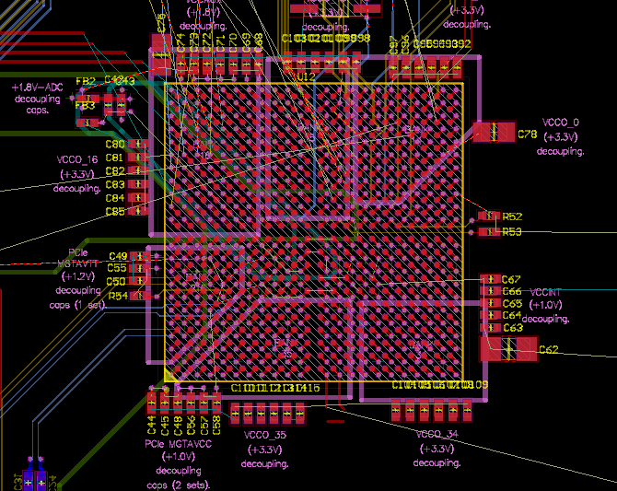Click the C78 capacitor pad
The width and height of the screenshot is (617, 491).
click(495, 132)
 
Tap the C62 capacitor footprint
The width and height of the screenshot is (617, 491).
click(507, 349)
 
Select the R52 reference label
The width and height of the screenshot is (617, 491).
click(512, 216)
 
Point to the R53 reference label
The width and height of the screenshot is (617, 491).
click(512, 231)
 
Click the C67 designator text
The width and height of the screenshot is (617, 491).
click(512, 279)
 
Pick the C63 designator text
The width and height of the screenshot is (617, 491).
click(512, 327)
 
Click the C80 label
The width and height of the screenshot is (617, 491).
click(114, 145)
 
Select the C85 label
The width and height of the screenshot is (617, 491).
click(114, 211)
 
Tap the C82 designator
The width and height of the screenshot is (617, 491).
click(114, 171)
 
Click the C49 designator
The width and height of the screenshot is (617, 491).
click(118, 256)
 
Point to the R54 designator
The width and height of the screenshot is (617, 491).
click(118, 296)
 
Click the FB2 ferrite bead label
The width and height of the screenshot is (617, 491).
click(85, 81)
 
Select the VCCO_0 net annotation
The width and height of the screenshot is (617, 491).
click(561, 122)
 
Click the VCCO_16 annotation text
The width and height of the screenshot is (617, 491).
click(77, 159)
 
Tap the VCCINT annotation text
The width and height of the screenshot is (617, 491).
click(545, 292)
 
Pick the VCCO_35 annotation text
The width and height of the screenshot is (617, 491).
click(265, 435)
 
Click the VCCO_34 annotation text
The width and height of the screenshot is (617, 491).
click(437, 434)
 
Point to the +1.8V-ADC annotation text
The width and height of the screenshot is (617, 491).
click(36, 87)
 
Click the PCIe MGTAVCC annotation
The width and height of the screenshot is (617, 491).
click(179, 444)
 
